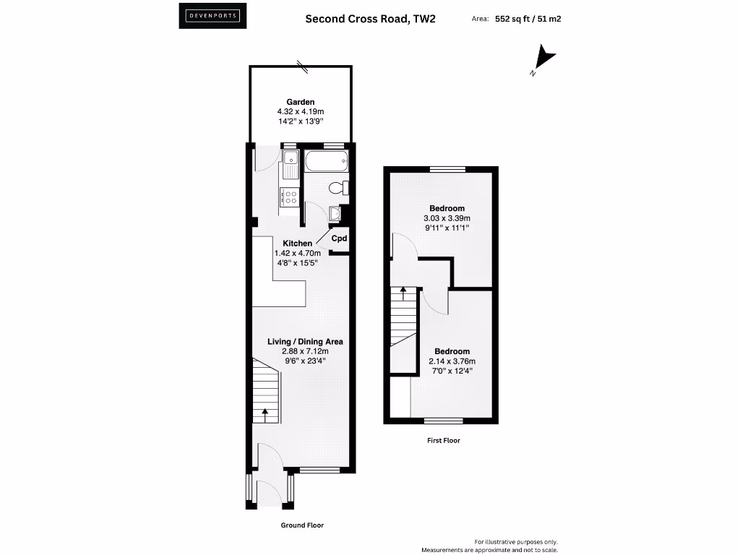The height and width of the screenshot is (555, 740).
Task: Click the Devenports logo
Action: (x=212, y=16)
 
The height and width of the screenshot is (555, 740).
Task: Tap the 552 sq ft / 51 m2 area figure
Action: (x=528, y=19)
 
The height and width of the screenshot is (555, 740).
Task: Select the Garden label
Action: (x=301, y=102)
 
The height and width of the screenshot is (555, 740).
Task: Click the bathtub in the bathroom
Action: (x=327, y=160)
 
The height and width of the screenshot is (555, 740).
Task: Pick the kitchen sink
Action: (x=291, y=163)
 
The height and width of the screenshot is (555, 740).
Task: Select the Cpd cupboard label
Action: (x=340, y=238)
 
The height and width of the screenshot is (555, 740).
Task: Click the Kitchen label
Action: (x=298, y=244)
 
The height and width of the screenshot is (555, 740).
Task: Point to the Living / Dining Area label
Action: (x=305, y=342)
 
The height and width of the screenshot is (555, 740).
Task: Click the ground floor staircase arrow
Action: (x=264, y=415)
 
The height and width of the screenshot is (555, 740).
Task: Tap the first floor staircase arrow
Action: (x=403, y=293)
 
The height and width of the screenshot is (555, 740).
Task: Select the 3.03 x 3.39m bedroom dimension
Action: (x=447, y=218)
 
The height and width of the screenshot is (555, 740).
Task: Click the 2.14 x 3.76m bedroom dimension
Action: (x=452, y=361)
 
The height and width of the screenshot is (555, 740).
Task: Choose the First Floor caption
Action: (x=442, y=440)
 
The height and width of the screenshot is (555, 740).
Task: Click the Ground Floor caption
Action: (x=302, y=525)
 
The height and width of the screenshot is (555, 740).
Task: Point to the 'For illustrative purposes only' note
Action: (x=516, y=542)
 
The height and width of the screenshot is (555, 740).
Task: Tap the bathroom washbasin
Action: (x=335, y=213)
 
